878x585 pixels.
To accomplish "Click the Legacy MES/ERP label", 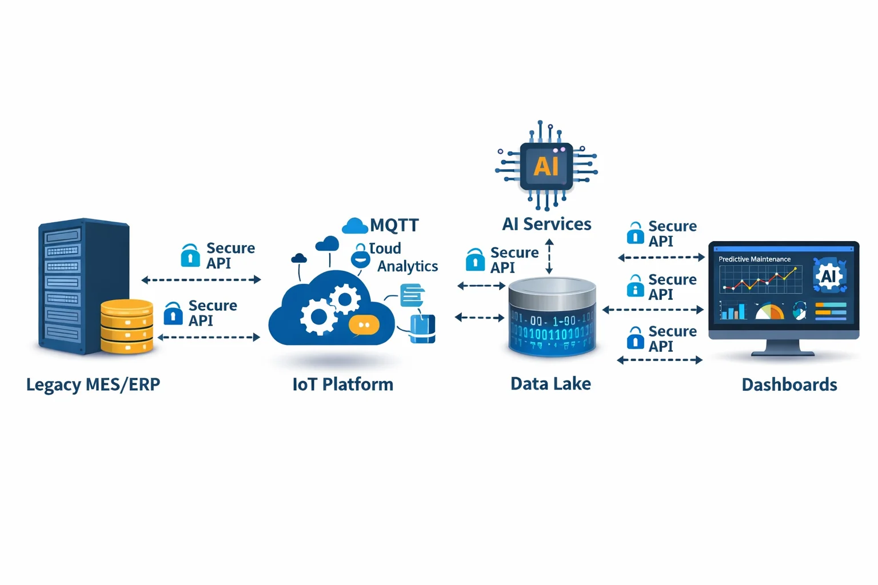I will (x=93, y=384).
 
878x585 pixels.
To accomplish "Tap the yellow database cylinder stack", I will (x=127, y=326).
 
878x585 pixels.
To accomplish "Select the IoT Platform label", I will (x=342, y=384).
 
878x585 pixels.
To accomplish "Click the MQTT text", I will (x=394, y=225).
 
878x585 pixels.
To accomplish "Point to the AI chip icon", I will (x=546, y=166).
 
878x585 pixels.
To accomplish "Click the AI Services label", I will (x=546, y=224).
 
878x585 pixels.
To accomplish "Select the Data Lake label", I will (x=550, y=384).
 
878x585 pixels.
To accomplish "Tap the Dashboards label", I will (x=789, y=384).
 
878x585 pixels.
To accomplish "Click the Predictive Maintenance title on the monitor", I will (x=755, y=259).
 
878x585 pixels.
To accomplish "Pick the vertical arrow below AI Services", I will (x=549, y=257).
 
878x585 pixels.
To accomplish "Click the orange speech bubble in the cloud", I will (x=364, y=325).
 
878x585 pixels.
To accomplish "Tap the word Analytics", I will (x=408, y=266).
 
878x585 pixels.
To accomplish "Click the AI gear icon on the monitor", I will (x=829, y=276).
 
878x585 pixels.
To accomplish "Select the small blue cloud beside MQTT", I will (x=354, y=226).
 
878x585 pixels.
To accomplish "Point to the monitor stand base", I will (x=783, y=353).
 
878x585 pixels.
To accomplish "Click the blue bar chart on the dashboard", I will (x=733, y=311).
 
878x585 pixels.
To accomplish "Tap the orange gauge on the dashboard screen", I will (x=769, y=312).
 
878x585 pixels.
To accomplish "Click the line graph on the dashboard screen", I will (x=760, y=279).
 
